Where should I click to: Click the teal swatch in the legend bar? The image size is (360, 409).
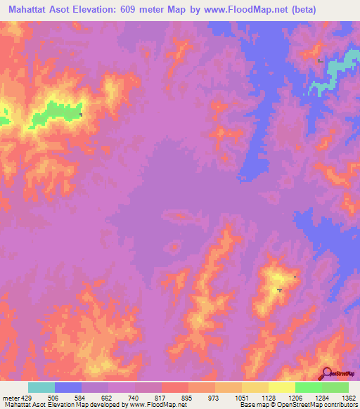[x=41, y=387]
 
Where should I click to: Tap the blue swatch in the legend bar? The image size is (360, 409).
[x=67, y=387]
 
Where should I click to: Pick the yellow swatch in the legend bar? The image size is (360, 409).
[x=281, y=387]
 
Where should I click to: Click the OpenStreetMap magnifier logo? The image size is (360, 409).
[x=327, y=373]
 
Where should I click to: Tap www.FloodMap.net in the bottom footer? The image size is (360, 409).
[x=154, y=405]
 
